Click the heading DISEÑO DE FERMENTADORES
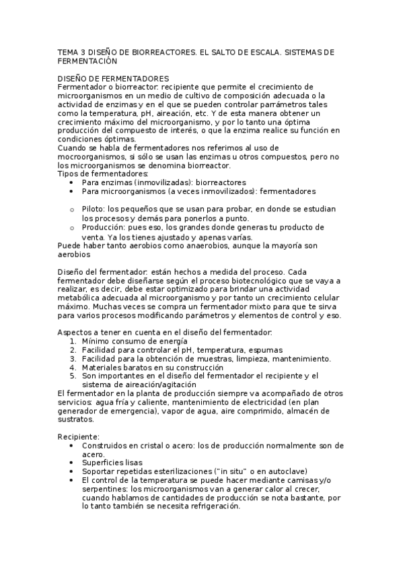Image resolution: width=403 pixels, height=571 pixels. [x=113, y=78]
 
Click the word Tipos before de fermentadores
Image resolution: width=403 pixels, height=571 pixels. [x=68, y=174]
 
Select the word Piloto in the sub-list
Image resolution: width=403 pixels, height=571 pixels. [x=94, y=209]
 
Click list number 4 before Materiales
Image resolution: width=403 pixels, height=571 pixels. [x=73, y=368]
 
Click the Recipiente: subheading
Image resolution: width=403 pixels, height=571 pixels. [x=79, y=437]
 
